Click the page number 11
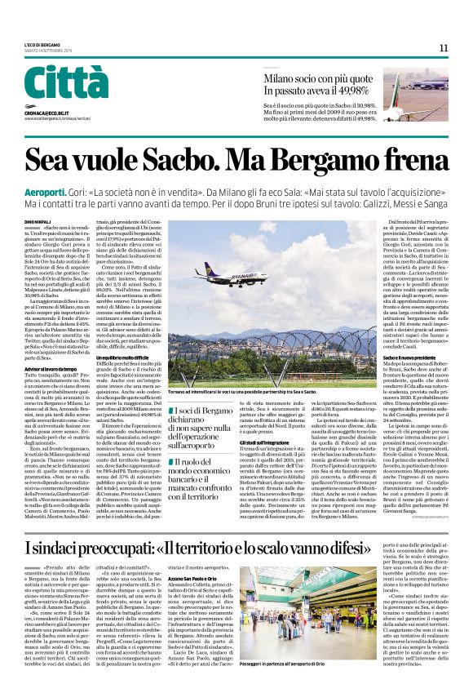[444, 48]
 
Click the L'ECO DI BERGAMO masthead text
[42, 45]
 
